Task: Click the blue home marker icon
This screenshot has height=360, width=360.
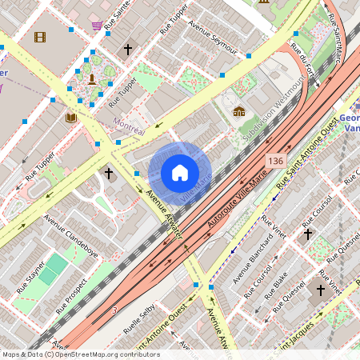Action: point(180,173)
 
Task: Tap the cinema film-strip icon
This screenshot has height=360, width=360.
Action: point(40,36)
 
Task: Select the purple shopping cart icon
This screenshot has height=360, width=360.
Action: point(97,26)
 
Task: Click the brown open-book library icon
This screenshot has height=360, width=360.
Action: point(71,118)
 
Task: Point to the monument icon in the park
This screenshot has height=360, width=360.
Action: point(93,78)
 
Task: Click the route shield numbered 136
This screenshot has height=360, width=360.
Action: point(276,162)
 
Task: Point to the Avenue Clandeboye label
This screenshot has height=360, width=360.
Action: point(71,233)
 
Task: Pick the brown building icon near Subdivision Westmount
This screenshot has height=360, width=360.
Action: point(239,110)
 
